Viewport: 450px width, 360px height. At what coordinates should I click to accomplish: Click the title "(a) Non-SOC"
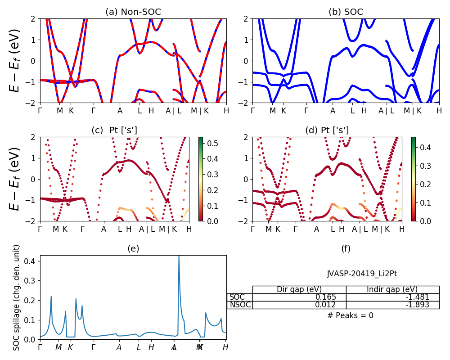tap(133, 12)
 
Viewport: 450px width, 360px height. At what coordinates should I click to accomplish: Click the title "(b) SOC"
tap(346, 12)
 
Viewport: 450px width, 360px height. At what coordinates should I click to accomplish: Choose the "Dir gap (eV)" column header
tap(299, 289)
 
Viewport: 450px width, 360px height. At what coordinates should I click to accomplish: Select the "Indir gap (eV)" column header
tap(392, 289)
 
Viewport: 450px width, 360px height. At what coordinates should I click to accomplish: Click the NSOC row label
tap(239, 305)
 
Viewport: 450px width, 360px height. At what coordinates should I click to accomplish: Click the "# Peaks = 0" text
tap(351, 315)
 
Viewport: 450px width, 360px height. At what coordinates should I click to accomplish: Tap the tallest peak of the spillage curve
tap(179, 256)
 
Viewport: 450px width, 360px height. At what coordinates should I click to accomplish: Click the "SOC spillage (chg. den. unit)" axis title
tap(17, 297)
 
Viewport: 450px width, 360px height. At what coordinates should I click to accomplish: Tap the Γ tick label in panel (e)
tap(40, 347)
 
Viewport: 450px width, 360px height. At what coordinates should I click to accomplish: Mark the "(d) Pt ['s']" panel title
tap(327, 130)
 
